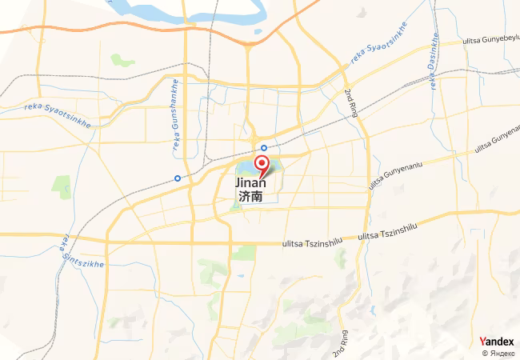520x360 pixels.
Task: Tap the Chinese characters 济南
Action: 250,195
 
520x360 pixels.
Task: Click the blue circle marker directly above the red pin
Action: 264,148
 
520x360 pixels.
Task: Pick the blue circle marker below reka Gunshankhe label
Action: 178,178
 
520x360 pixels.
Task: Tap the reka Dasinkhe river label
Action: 432,64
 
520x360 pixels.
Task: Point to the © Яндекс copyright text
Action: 498,353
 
